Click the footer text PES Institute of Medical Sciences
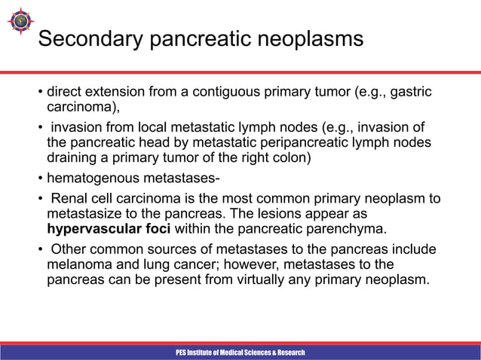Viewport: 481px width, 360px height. point(240,352)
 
